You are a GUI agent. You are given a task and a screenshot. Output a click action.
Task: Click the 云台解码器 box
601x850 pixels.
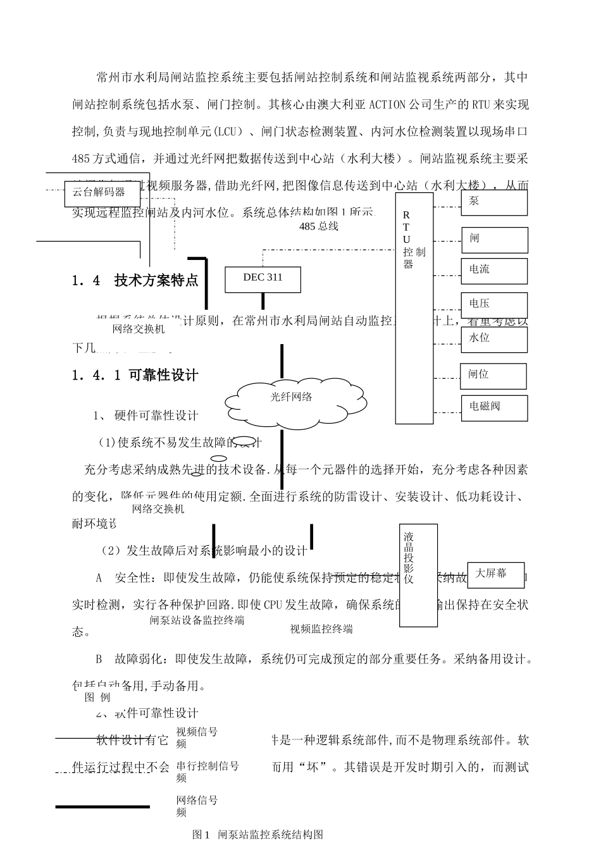click(102, 193)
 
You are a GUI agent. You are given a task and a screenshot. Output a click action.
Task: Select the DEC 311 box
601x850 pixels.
click(263, 279)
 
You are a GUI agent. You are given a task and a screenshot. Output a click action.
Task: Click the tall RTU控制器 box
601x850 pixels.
click(414, 308)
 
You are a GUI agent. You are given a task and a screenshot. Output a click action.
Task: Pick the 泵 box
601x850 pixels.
click(494, 202)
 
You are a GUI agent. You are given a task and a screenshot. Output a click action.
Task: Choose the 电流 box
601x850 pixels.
click(494, 270)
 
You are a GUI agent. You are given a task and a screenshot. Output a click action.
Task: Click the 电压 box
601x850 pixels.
click(494, 304)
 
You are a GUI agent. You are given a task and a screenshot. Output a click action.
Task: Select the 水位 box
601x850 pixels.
click(494, 339)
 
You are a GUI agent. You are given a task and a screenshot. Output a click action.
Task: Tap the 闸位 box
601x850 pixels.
click(494, 375)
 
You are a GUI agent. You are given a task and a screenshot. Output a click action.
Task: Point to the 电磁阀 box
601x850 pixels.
click(494, 408)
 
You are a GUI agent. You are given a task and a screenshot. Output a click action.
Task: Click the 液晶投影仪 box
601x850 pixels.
click(418, 575)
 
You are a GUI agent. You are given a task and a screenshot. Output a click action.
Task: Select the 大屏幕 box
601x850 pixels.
click(495, 574)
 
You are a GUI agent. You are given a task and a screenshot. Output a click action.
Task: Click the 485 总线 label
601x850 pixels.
click(318, 226)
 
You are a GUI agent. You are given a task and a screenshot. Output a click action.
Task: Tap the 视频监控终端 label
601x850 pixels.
click(321, 629)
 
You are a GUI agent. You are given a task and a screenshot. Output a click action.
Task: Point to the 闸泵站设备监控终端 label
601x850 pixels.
click(197, 620)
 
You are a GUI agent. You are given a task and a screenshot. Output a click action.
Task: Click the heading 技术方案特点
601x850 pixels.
click(156, 281)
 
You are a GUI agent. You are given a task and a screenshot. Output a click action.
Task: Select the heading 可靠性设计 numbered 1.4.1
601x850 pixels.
click(163, 375)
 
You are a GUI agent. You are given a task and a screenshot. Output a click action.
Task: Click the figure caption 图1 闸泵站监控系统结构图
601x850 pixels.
click(257, 835)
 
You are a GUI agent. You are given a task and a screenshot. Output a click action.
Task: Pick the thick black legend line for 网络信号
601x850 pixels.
click(102, 806)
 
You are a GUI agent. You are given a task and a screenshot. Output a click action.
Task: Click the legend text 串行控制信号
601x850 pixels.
click(208, 767)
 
